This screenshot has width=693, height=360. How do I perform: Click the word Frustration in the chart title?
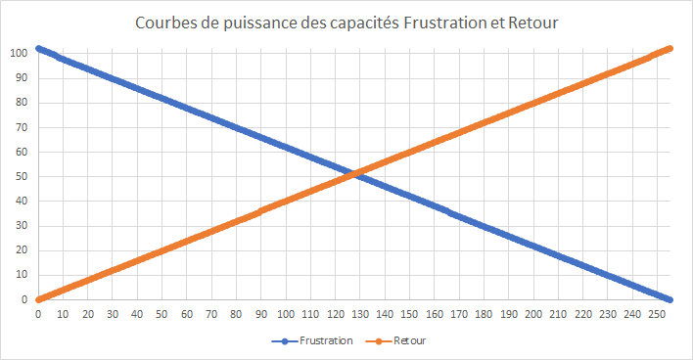[x=437, y=22]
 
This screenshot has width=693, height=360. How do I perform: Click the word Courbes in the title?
[x=164, y=22]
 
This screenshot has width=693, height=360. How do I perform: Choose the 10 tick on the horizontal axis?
[x=64, y=314]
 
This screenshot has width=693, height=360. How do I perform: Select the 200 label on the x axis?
[x=532, y=314]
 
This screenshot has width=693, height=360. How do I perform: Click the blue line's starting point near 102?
[x=38, y=48]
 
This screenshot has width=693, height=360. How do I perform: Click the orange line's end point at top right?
[x=670, y=48]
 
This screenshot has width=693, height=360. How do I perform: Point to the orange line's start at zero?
[x=38, y=299]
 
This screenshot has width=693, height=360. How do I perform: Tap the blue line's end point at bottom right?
[x=670, y=299]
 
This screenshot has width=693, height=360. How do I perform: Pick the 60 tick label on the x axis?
[x=187, y=314]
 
